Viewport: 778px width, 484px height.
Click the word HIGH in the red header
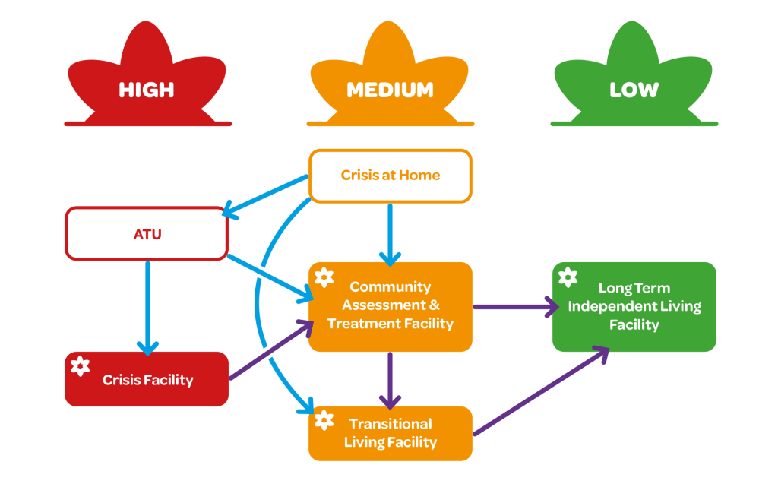(147, 90)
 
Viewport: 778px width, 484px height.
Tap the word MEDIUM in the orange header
(390, 90)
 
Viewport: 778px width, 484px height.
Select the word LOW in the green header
(634, 90)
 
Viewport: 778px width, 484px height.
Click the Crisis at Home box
(390, 176)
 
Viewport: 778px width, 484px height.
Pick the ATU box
(147, 234)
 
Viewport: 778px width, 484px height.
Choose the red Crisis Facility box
(147, 379)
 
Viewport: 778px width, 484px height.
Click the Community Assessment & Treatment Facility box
(390, 306)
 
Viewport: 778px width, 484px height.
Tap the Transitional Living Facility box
(390, 433)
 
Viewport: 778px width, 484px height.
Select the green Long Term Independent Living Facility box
(634, 307)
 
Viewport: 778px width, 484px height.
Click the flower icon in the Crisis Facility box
(80, 367)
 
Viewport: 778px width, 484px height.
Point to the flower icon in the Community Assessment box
(324, 277)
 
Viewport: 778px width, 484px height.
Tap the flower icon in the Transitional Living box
(324, 420)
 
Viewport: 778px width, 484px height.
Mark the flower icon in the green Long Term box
(568, 277)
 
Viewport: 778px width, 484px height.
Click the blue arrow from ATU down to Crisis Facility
(147, 304)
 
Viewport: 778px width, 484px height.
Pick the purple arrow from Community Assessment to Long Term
(513, 307)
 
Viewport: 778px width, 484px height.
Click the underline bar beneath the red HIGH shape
(147, 123)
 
